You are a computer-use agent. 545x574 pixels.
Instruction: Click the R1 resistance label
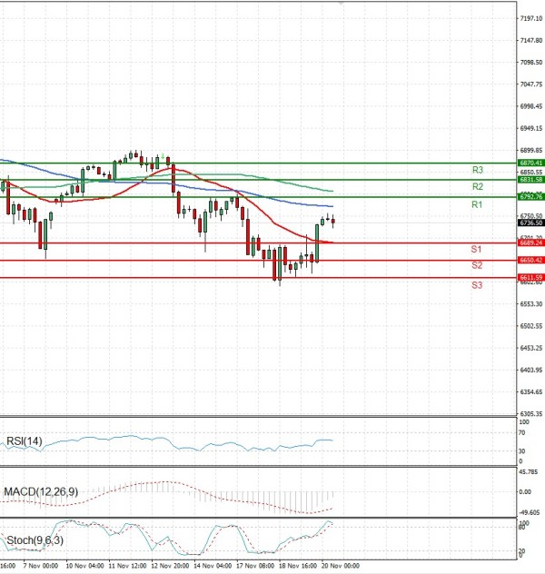pyautogui.click(x=476, y=205)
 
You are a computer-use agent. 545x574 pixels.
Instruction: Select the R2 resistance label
pyautogui.click(x=476, y=186)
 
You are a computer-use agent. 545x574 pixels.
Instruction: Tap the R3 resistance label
pyautogui.click(x=477, y=170)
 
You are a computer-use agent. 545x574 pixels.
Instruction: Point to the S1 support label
pyautogui.click(x=476, y=249)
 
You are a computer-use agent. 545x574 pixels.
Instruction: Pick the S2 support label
pyautogui.click(x=476, y=265)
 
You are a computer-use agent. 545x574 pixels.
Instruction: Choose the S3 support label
pyautogui.click(x=476, y=285)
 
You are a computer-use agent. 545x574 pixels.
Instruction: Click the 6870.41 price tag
pyautogui.click(x=530, y=163)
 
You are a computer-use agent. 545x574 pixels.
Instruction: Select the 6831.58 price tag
pyautogui.click(x=530, y=180)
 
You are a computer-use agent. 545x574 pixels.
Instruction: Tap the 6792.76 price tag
pyautogui.click(x=530, y=197)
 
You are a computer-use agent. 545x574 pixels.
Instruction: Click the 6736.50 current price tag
pyautogui.click(x=530, y=223)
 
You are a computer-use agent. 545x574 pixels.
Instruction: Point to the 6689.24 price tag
pyautogui.click(x=530, y=243)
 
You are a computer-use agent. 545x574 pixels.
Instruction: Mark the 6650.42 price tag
pyautogui.click(x=530, y=261)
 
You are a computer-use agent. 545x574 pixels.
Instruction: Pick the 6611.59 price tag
pyautogui.click(x=530, y=278)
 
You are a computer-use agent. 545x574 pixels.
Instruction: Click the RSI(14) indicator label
pyautogui.click(x=25, y=441)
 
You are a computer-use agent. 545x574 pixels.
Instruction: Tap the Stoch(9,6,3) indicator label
pyautogui.click(x=35, y=540)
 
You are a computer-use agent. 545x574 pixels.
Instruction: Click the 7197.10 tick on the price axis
pyautogui.click(x=530, y=18)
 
